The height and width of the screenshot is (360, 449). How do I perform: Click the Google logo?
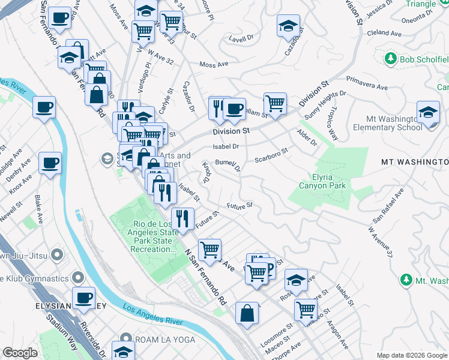[20, 353]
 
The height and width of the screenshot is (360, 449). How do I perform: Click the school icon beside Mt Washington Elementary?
[428, 112]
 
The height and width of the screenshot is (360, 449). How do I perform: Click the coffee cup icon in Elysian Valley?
[83, 297]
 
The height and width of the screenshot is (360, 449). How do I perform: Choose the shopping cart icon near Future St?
[209, 249]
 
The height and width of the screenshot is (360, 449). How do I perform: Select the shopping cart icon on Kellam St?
[275, 103]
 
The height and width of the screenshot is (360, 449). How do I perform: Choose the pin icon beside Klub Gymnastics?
[78, 278]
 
